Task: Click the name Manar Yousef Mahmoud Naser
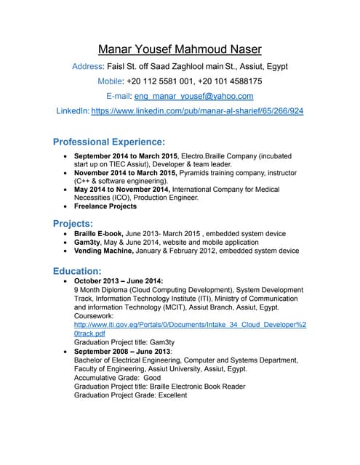[x=180, y=50]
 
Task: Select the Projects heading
[x=73, y=222]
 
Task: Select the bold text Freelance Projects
[x=105, y=206]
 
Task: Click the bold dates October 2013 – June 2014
[x=119, y=281]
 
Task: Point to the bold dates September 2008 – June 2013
[x=121, y=352]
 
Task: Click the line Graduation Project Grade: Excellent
[x=130, y=395]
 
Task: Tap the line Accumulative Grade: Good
[x=117, y=378]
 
